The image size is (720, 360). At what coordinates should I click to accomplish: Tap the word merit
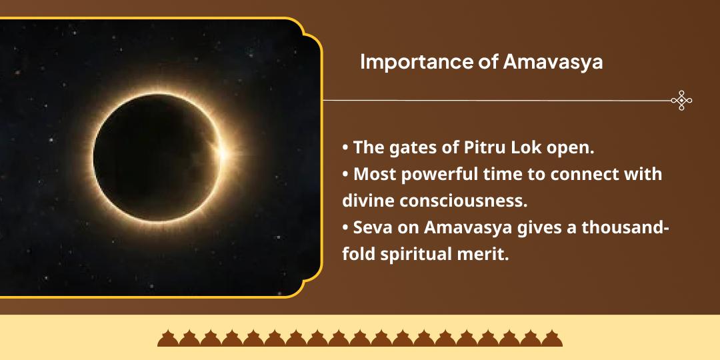(x=485, y=255)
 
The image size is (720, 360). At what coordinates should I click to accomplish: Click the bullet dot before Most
(x=345, y=175)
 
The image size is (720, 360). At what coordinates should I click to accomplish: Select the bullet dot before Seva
(x=345, y=229)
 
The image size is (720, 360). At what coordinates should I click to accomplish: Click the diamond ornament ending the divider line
(x=681, y=101)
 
